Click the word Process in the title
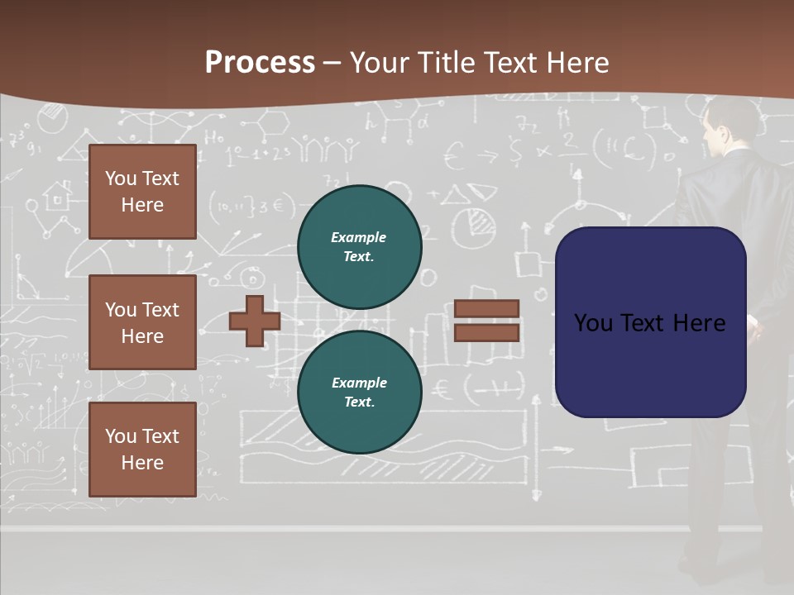point(260,63)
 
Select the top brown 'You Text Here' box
point(142,192)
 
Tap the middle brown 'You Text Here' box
point(142,322)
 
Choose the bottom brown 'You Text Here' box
point(142,450)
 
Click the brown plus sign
point(255,321)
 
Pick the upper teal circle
point(359,247)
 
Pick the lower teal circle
point(359,393)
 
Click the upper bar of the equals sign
point(486,308)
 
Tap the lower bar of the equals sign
point(486,332)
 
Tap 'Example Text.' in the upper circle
point(359,247)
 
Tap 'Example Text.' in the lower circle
point(359,393)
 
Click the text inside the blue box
point(649,323)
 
